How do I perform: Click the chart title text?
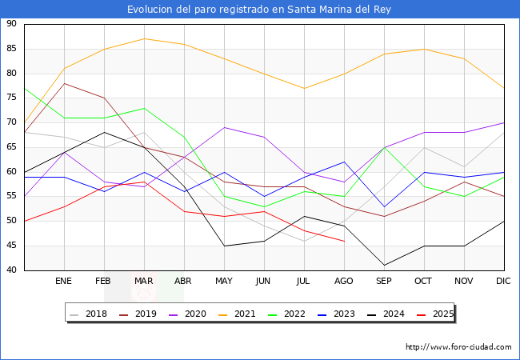coord(259,10)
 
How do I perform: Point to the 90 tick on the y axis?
coord(12,24)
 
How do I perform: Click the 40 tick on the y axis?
coord(12,270)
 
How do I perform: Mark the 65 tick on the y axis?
coord(12,147)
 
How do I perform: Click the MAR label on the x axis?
coord(144,282)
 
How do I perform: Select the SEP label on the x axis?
coord(384,282)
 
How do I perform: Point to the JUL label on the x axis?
coord(304,282)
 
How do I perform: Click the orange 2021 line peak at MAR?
coord(144,38)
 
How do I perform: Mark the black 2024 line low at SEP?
coord(384,265)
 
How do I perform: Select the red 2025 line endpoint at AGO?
coord(344,241)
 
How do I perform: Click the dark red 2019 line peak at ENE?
coord(64,83)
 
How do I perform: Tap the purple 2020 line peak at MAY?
coord(224,127)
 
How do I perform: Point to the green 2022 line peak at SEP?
coord(384,147)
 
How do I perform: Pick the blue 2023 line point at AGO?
coord(344,162)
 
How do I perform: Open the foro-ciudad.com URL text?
coord(458,347)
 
